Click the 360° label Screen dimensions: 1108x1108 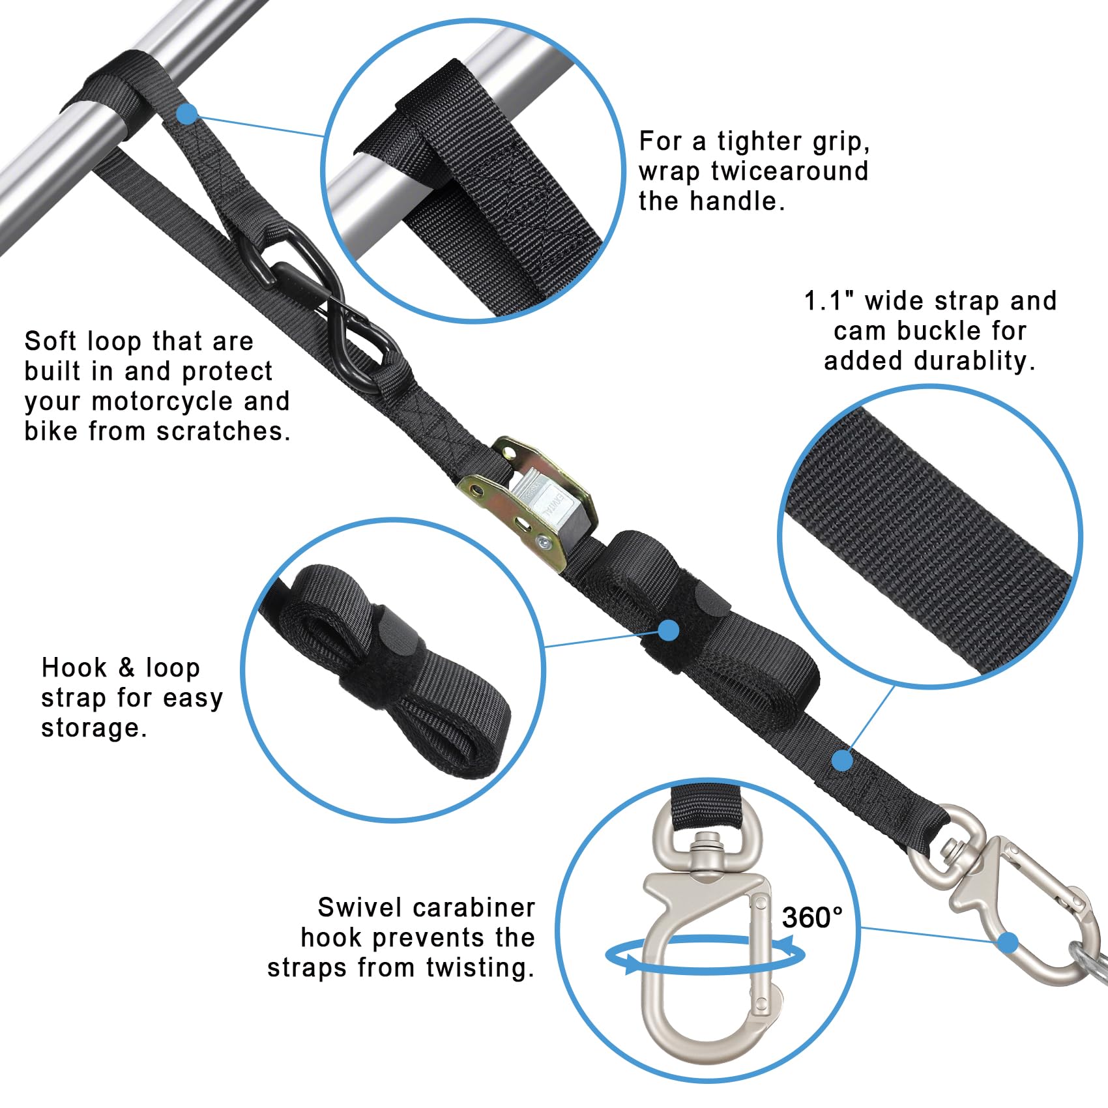(812, 918)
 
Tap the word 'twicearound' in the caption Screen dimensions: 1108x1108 (790, 171)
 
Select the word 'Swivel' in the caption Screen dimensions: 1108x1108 (360, 907)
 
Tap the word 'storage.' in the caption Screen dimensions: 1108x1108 (95, 727)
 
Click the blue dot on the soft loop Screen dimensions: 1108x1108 (188, 114)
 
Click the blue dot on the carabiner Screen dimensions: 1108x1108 (1008, 942)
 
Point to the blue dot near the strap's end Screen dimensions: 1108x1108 (843, 760)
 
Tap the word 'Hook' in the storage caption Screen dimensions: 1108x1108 (74, 667)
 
